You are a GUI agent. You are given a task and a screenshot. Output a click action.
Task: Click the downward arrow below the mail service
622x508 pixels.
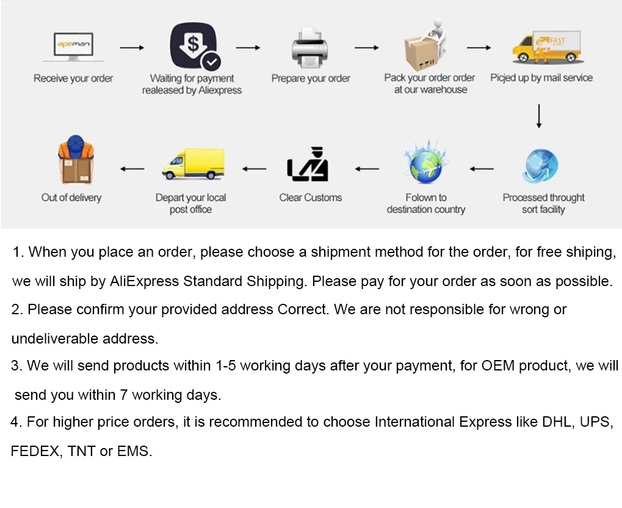pyautogui.click(x=539, y=116)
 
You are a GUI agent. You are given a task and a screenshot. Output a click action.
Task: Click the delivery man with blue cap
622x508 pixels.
pyautogui.click(x=76, y=160)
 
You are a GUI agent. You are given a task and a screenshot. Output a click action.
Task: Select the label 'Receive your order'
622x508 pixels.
pyautogui.click(x=73, y=78)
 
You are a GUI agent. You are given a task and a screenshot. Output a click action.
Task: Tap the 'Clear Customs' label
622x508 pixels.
pyautogui.click(x=310, y=197)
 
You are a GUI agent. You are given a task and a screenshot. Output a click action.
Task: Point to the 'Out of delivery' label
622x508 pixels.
pyautogui.click(x=71, y=197)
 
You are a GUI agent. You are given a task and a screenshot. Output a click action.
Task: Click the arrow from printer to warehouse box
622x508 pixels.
pyautogui.click(x=366, y=48)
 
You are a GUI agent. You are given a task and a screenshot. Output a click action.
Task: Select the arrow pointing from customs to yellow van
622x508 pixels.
pyautogui.click(x=255, y=169)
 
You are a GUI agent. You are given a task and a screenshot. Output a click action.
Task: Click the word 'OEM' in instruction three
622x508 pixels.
pyautogui.click(x=497, y=366)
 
